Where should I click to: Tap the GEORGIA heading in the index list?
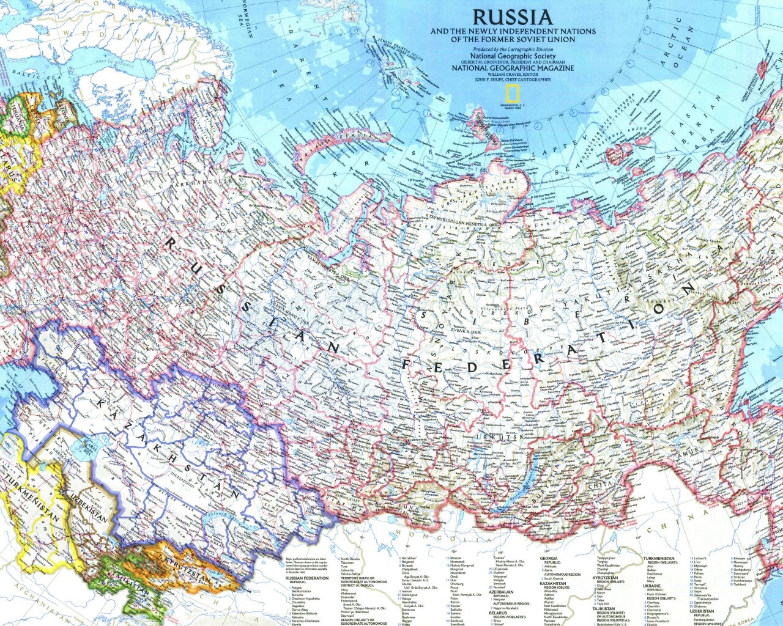[x=552, y=559]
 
